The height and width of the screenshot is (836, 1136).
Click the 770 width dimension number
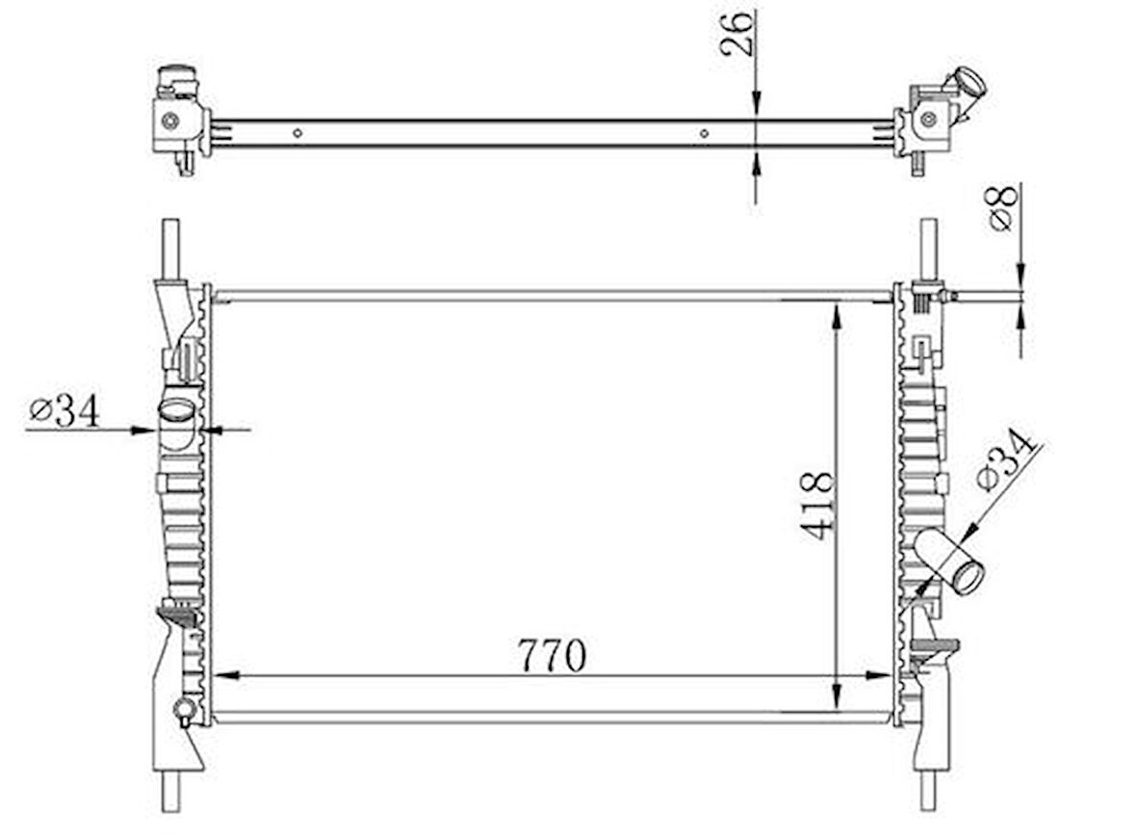(x=552, y=656)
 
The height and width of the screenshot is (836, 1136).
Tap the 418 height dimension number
(x=817, y=506)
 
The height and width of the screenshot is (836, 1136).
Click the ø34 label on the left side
(x=64, y=411)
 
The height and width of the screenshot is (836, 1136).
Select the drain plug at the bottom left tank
(x=183, y=712)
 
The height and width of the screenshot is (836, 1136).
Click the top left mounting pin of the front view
(x=171, y=248)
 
